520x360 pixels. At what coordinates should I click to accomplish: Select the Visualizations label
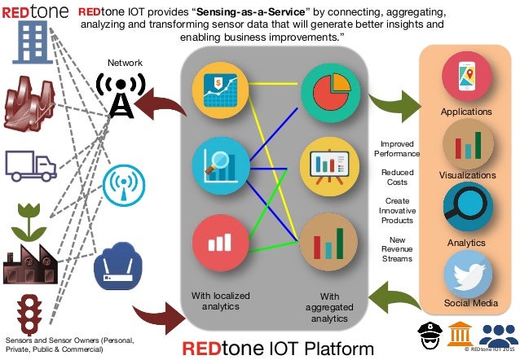(x=467, y=175)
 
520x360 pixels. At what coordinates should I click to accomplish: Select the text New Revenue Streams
(x=398, y=248)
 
